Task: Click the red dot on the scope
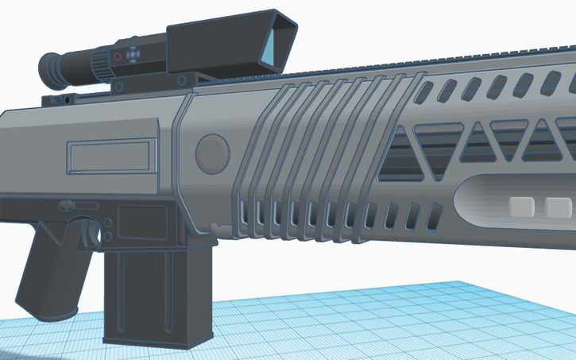tap(117, 56)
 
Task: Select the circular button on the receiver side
tap(212, 152)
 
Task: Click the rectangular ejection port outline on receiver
tap(110, 157)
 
